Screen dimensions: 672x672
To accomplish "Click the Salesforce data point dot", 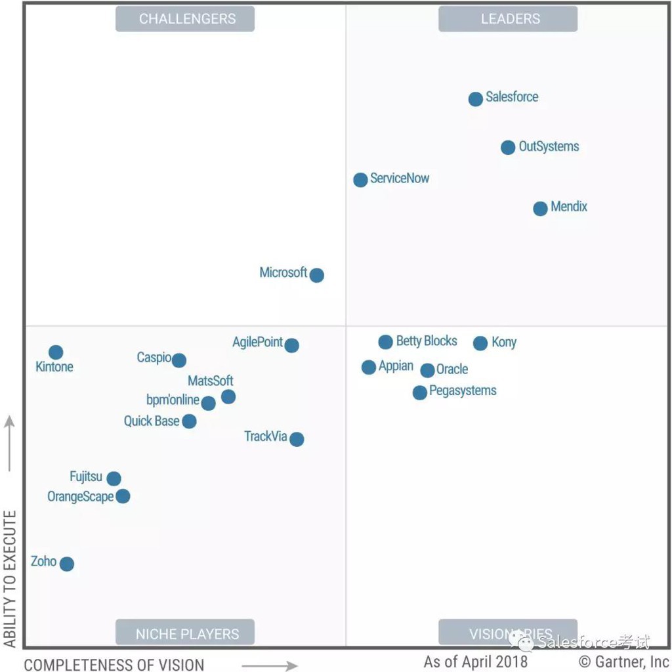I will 476,99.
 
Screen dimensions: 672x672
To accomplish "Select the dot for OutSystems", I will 508,148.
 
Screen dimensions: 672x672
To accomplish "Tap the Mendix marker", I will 540,209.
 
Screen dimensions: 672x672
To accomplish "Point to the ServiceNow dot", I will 360,180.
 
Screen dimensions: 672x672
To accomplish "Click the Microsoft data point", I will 317,275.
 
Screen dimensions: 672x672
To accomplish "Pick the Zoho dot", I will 67,564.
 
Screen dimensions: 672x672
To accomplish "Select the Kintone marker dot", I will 56,352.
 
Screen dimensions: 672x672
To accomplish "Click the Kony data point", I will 480,343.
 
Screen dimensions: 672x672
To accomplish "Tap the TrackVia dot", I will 297,439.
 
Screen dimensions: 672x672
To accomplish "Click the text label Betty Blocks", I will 427,341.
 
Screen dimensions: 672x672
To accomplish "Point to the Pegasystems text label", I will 463,391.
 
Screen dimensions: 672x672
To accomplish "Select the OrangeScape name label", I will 80,497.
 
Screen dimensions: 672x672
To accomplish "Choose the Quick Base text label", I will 152,421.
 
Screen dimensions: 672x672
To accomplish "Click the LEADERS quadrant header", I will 510,19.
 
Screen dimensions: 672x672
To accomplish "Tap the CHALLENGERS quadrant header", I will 187,19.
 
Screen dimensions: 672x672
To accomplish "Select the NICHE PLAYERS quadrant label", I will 187,634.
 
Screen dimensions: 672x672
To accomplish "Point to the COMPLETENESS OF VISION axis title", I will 114,664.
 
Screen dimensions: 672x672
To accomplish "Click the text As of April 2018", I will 475,661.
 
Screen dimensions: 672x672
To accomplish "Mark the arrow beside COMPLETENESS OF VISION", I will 269,666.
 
